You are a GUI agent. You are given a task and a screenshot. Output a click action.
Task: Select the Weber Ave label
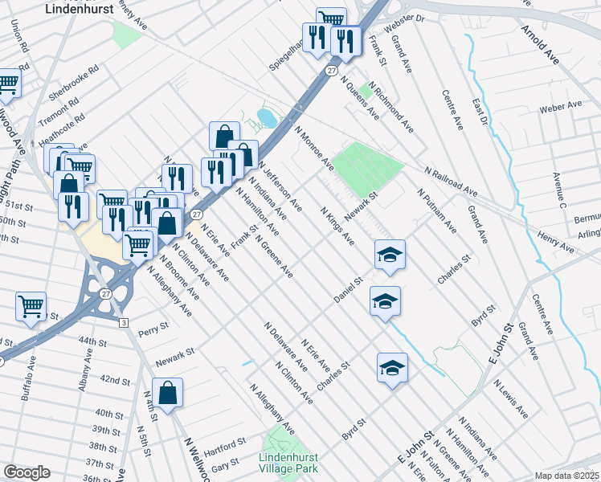[x=560, y=107]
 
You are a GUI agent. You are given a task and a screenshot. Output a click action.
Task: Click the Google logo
[x=27, y=472]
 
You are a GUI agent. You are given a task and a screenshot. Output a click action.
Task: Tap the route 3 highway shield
[x=123, y=322]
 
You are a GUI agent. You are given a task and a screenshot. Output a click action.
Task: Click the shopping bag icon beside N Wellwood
[x=168, y=394]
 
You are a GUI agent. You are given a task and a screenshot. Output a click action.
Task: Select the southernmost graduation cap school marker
[x=392, y=368]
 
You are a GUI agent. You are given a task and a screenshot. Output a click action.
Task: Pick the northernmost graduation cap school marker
[x=390, y=255]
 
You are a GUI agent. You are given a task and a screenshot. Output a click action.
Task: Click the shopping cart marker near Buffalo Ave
[x=31, y=305]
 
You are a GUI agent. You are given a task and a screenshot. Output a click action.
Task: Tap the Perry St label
[x=153, y=328]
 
